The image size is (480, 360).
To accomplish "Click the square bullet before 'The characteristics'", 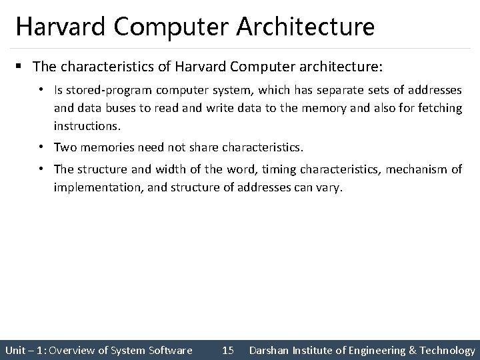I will (22, 67).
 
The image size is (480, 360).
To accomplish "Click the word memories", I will (111, 147).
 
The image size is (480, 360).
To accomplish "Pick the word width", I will (173, 169).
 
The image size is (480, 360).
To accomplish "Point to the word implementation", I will (100, 187).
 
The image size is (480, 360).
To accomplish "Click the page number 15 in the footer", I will (227, 350).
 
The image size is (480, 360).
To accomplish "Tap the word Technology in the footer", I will (443, 350).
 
